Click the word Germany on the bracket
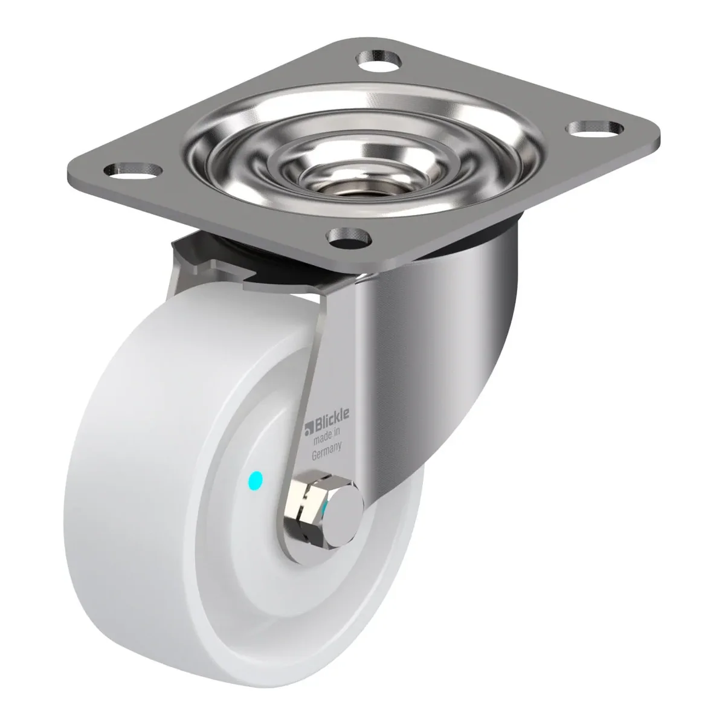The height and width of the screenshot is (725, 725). point(327,450)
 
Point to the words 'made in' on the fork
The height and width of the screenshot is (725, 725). point(327,435)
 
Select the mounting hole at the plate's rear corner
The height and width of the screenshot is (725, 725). point(379,59)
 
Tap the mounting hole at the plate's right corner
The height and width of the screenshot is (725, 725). point(594,129)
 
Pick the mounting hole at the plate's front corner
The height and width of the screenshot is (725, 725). point(349,238)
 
